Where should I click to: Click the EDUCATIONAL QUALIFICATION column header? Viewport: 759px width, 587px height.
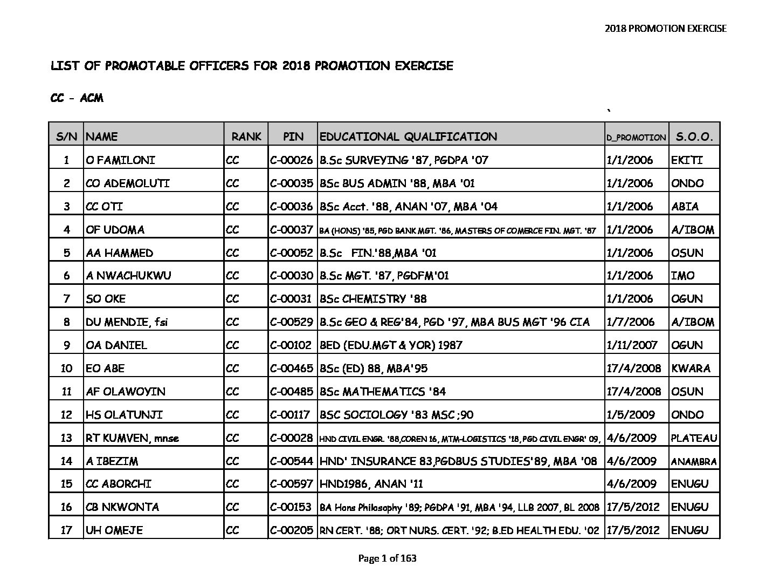point(408,136)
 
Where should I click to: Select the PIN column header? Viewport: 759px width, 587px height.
point(293,136)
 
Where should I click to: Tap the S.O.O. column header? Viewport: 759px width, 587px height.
point(694,136)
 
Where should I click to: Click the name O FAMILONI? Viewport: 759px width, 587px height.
point(120,160)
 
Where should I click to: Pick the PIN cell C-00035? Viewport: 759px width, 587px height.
point(291,183)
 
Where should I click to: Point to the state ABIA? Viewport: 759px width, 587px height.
point(685,207)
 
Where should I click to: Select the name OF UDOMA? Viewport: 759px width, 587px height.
point(115,230)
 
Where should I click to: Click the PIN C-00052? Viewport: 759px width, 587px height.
point(291,253)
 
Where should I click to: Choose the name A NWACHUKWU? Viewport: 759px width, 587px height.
point(128,276)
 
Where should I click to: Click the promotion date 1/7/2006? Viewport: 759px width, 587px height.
point(629,322)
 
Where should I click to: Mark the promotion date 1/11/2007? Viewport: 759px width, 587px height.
point(632,345)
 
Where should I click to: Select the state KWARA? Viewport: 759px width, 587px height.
point(691,368)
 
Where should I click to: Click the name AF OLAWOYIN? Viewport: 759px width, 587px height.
point(126,392)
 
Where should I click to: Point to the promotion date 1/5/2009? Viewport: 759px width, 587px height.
point(631,415)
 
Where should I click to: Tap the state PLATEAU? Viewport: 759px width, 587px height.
point(694,438)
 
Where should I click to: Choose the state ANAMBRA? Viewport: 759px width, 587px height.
point(694,461)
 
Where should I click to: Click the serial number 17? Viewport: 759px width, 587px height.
point(66,530)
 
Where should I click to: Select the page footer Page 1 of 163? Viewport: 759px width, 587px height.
point(387,558)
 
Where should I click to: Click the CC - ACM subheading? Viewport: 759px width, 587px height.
point(77,98)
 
